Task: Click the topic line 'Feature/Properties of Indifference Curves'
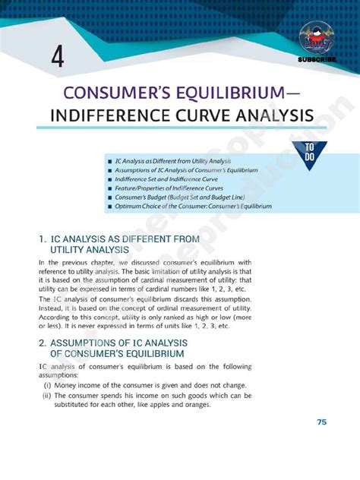pos(169,188)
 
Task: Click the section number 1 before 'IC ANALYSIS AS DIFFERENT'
pos(41,238)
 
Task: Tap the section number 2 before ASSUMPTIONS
pos(41,343)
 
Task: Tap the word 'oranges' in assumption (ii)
pos(213,405)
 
